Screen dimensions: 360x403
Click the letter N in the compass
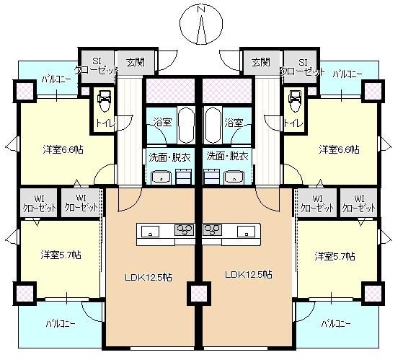pyautogui.click(x=201, y=10)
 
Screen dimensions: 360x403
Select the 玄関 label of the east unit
pyautogui.click(x=261, y=61)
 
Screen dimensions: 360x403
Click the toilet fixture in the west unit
pyautogui.click(x=103, y=100)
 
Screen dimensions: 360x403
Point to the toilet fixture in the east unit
pyautogui.click(x=295, y=100)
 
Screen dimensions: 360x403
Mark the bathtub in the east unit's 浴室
pyautogui.click(x=213, y=125)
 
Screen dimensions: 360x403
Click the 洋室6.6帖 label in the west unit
pyautogui.click(x=61, y=149)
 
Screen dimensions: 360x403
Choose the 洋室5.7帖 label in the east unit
pyautogui.click(x=334, y=256)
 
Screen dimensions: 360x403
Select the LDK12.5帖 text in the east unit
pyautogui.click(x=248, y=274)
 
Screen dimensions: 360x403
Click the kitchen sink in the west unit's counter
pyautogui.click(x=151, y=232)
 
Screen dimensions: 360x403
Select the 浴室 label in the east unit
pyautogui.click(x=233, y=123)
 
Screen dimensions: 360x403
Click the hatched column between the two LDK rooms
pyautogui.click(x=198, y=293)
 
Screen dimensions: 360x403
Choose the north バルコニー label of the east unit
pyautogui.click(x=347, y=74)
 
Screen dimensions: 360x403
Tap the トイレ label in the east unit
pyautogui.click(x=293, y=123)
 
